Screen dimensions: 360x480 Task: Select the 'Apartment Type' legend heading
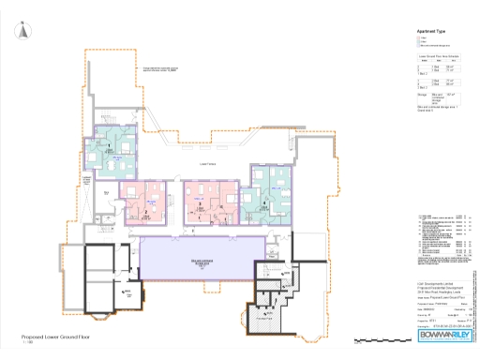click(430, 31)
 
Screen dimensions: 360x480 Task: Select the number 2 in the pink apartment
click(146, 213)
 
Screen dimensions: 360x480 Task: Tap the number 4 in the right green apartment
click(265, 202)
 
